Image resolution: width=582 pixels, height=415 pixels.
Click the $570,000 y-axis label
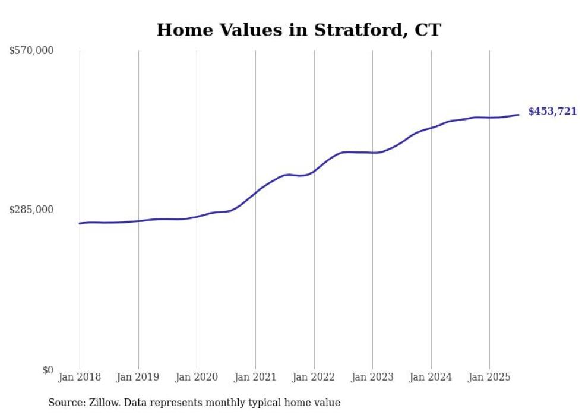tap(31, 51)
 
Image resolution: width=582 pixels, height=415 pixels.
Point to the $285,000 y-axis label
tap(31, 210)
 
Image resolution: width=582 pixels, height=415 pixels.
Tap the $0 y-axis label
tap(48, 370)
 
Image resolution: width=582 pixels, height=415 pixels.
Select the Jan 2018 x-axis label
tap(80, 377)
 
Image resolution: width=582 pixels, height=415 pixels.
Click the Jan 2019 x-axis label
tap(138, 377)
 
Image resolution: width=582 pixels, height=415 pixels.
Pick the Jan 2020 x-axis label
tap(197, 377)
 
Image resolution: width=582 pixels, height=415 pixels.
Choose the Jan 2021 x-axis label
tap(255, 377)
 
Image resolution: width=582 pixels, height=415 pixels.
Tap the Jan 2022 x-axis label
tap(314, 377)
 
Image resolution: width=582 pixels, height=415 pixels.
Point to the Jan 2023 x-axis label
tap(372, 377)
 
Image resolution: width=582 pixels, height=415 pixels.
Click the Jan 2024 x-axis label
tap(431, 377)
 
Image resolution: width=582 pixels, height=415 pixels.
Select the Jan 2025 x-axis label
tap(489, 377)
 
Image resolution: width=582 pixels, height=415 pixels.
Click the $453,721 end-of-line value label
tap(552, 112)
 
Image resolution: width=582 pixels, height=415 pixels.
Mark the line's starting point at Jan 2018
tap(80, 223)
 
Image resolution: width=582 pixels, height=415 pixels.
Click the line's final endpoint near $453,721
tap(519, 115)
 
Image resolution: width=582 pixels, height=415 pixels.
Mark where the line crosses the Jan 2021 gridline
tap(255, 192)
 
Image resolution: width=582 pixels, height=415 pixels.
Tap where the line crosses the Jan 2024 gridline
tap(431, 127)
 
